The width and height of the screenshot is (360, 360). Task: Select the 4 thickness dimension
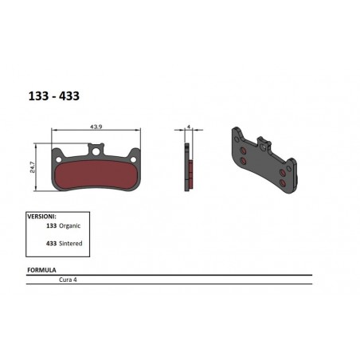[x=187, y=126]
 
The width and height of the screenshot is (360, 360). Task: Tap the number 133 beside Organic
[x=52, y=225]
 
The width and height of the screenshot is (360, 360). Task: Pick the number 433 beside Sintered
[x=52, y=241]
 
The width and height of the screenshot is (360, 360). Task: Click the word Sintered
[x=72, y=241]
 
